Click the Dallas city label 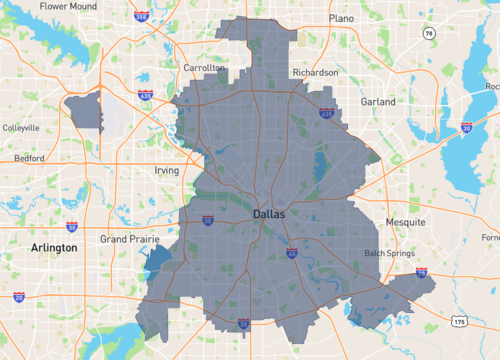tap(268, 214)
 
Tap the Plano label tap(341, 17)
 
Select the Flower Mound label tap(68, 6)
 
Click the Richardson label tap(315, 72)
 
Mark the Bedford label tap(28, 158)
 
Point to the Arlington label tap(54, 247)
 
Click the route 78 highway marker tap(428, 34)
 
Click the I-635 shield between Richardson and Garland tap(326, 115)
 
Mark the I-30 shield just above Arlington tap(71, 228)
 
